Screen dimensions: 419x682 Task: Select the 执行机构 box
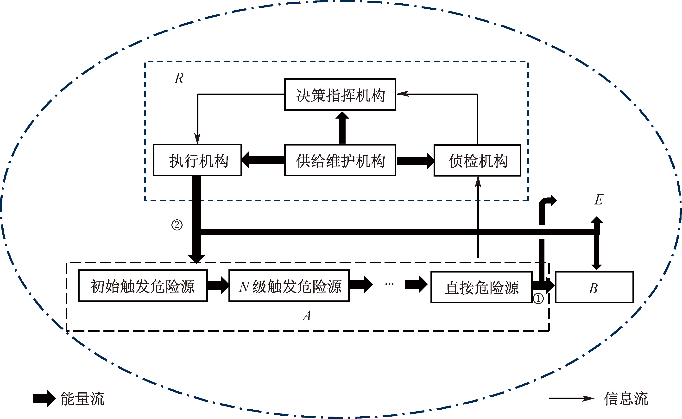click(x=197, y=160)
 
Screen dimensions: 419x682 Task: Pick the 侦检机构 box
click(x=477, y=160)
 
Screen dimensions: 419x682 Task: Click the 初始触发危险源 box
click(x=143, y=286)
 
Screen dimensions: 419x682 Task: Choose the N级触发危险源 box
click(x=289, y=286)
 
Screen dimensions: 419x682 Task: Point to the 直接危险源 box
click(x=481, y=287)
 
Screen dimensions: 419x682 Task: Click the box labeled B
click(x=594, y=287)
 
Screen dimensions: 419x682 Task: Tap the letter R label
click(x=179, y=78)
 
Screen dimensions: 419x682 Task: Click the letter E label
click(x=599, y=200)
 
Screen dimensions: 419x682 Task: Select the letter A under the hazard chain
click(x=307, y=316)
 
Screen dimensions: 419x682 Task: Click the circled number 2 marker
click(x=177, y=225)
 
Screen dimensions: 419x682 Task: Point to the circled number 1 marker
click(x=538, y=298)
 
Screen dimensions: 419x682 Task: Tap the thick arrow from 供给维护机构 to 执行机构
click(x=262, y=160)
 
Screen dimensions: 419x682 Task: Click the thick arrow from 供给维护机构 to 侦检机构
click(x=415, y=161)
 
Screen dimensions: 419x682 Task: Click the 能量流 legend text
click(x=82, y=399)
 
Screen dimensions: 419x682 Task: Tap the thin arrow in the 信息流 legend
click(x=571, y=399)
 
